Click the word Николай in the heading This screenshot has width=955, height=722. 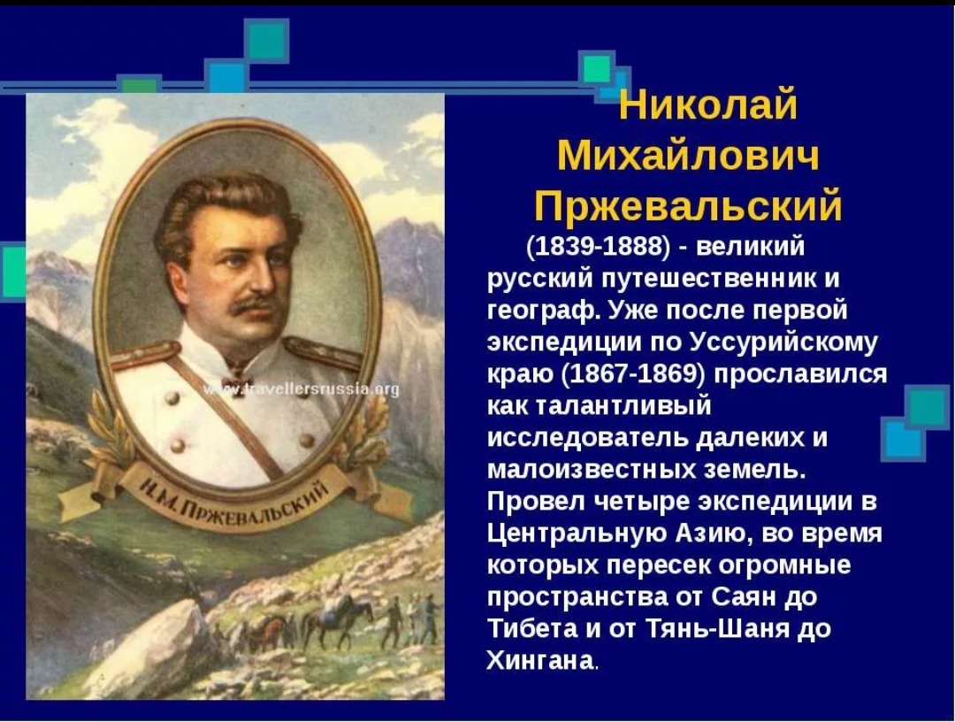[707, 105]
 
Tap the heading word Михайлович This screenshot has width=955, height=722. [688, 156]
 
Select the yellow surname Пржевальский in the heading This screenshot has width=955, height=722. [688, 206]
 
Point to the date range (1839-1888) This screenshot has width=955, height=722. [598, 246]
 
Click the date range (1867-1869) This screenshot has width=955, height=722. [632, 373]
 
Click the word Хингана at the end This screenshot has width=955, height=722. [539, 660]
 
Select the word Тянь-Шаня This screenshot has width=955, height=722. [717, 628]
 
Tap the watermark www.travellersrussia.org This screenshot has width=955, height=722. [302, 389]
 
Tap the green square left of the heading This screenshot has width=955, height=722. [596, 68]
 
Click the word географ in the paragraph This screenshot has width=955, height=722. [543, 311]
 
